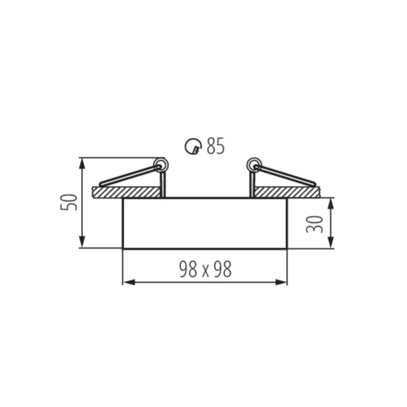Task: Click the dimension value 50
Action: [69, 202]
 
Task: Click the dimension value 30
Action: [314, 224]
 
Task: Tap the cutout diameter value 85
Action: [215, 147]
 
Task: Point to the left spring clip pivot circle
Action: [161, 165]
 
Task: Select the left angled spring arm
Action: [129, 176]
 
